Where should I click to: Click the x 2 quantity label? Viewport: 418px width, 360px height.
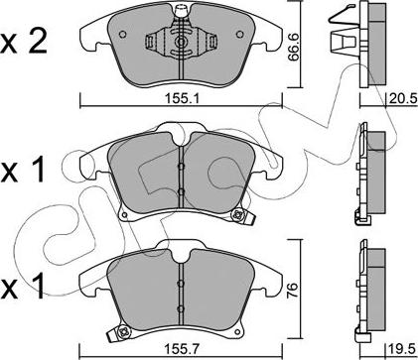[24, 43]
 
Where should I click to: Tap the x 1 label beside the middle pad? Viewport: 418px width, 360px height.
[23, 171]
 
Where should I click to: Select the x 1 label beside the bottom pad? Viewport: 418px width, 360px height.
[23, 288]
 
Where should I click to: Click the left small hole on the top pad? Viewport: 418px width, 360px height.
[122, 35]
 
